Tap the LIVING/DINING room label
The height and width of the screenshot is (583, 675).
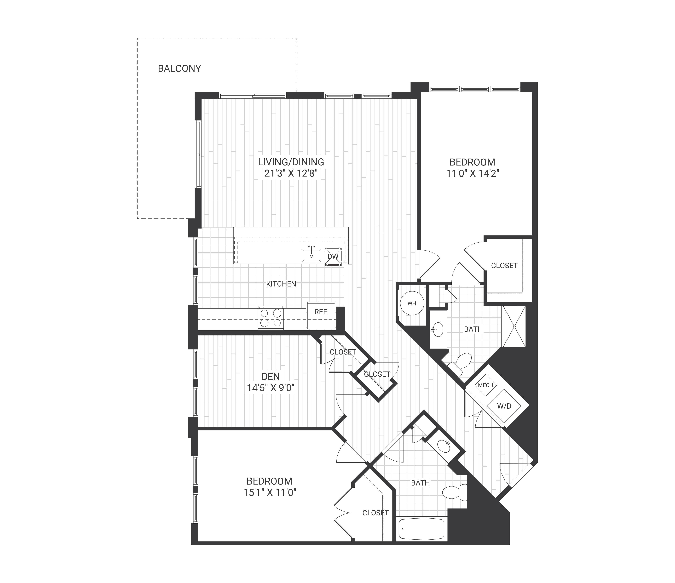point(291,162)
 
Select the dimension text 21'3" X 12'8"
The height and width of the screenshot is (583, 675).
point(291,173)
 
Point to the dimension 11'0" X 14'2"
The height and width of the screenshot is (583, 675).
point(472,173)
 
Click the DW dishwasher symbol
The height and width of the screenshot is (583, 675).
point(333,256)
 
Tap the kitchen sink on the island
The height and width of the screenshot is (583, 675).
point(312,255)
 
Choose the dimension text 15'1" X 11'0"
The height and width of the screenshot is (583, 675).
point(270,492)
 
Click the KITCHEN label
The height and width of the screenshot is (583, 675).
point(281,284)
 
